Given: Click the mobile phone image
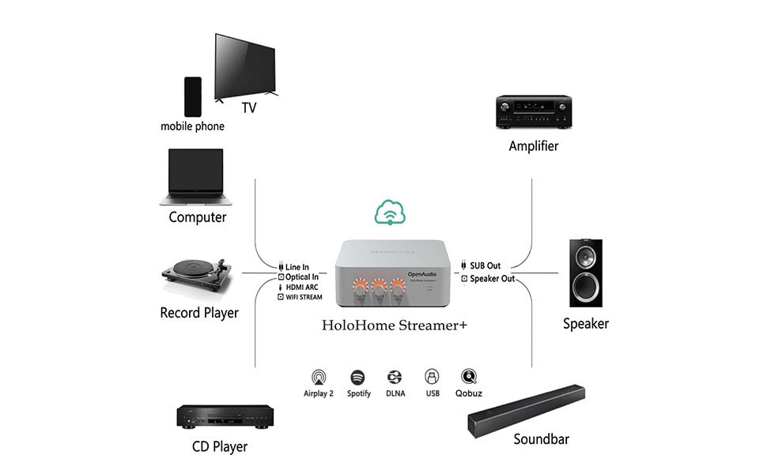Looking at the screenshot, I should click(192, 96).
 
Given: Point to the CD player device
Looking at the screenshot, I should click(225, 416).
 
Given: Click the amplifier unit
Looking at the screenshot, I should click(534, 112).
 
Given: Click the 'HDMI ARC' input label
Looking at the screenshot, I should click(302, 288).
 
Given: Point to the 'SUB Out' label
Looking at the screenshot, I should click(486, 266).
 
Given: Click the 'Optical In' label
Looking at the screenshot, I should click(302, 277).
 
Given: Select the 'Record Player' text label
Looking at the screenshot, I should click(199, 313).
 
